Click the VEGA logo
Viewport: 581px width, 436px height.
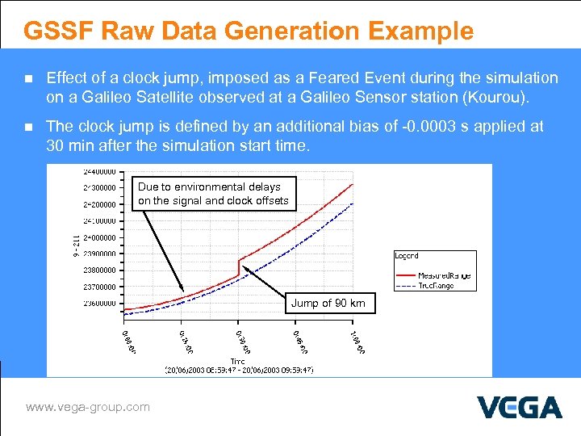tap(519, 407)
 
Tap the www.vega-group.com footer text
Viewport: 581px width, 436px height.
tap(88, 407)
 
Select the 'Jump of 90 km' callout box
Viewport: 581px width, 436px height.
tap(328, 304)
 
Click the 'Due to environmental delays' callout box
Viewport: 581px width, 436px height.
tap(213, 194)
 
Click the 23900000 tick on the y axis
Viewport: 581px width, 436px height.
tap(101, 254)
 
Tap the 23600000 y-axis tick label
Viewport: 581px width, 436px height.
tap(101, 304)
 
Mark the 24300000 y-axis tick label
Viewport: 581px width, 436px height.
tap(101, 187)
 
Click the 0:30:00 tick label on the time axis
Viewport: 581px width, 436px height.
tap(242, 340)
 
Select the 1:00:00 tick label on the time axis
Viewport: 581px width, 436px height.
tap(357, 340)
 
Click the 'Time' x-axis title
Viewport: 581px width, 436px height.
tap(239, 361)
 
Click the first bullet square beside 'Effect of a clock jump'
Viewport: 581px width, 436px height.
tap(28, 79)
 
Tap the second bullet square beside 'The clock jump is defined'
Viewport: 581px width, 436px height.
tap(28, 128)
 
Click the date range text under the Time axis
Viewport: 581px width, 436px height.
tap(239, 370)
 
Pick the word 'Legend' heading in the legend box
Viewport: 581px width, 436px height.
tap(406, 256)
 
